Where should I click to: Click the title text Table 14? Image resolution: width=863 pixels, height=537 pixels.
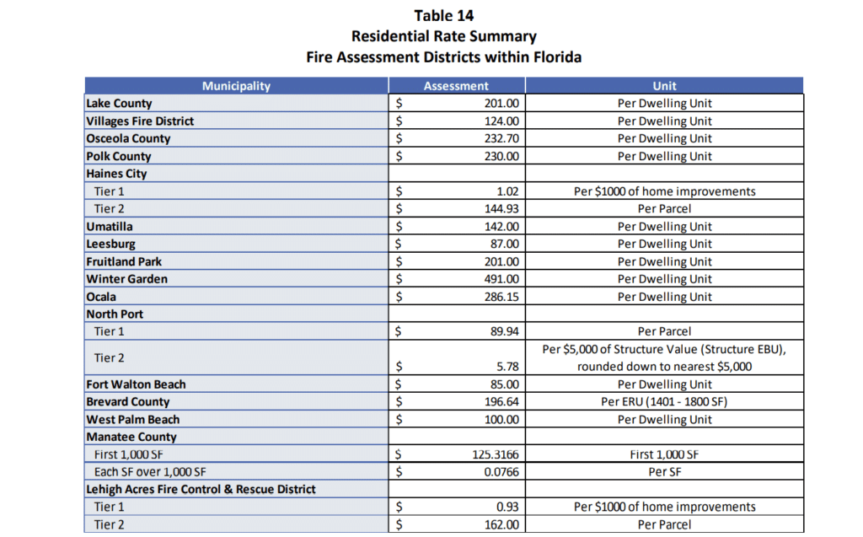coord(443,16)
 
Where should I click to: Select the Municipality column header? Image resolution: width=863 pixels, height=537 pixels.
coord(236,86)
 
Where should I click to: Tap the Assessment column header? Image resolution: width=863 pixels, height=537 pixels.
coord(456,86)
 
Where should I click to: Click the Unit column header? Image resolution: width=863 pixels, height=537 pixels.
coord(664,86)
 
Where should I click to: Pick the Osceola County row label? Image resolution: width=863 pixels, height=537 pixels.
coord(128,138)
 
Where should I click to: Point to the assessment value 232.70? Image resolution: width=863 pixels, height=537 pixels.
coord(501,138)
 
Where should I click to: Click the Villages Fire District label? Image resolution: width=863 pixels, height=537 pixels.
coord(140,121)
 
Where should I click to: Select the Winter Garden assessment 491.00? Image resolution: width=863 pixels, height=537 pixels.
coord(501,279)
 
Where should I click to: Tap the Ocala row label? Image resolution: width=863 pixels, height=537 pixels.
coord(101,297)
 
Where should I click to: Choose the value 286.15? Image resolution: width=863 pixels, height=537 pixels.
coord(501,297)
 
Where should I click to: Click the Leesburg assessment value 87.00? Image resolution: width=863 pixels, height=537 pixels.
coord(505,244)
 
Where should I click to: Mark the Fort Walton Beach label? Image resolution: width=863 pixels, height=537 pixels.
coord(136,384)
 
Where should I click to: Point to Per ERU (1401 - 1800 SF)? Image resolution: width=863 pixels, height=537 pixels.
coord(664,402)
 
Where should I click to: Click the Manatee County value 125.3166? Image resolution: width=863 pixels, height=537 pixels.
coord(496,454)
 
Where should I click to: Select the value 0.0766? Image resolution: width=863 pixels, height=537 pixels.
coord(500,472)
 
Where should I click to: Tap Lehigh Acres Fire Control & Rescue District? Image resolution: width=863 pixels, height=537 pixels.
coord(201,490)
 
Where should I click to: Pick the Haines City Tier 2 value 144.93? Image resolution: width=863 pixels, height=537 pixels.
coord(501,209)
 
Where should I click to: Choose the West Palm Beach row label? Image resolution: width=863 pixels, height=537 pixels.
coord(132,420)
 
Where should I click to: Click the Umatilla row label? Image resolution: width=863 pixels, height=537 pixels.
coord(109,227)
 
